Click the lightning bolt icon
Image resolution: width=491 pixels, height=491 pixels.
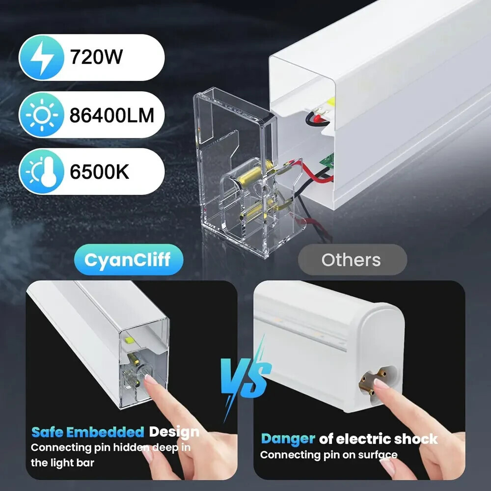pyautogui.click(x=42, y=57)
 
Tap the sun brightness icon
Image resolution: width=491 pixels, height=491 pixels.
pyautogui.click(x=42, y=115)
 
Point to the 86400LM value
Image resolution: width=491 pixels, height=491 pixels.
pyautogui.click(x=112, y=115)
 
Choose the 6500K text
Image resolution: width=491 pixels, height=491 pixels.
pyautogui.click(x=99, y=171)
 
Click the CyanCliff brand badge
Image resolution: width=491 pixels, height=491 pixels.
pyautogui.click(x=128, y=260)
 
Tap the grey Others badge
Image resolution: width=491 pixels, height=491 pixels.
pyautogui.click(x=352, y=260)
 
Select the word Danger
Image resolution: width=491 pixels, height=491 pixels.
pyautogui.click(x=288, y=439)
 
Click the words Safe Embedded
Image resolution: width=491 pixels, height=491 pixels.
pyautogui.click(x=88, y=432)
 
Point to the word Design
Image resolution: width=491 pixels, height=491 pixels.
pyautogui.click(x=174, y=432)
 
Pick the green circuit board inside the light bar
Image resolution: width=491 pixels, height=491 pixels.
pyautogui.click(x=327, y=161)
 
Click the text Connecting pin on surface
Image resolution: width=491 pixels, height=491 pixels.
pyautogui.click(x=329, y=455)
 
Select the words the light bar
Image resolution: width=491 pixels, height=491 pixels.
pyautogui.click(x=62, y=463)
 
